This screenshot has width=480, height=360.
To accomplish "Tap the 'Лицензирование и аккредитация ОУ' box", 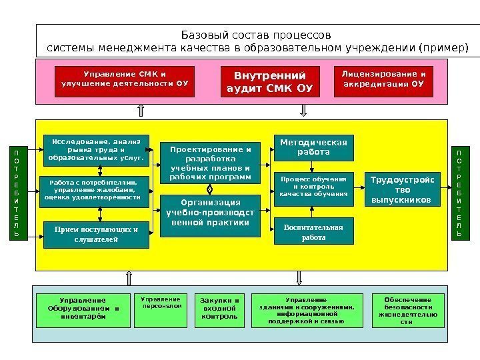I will (x=383, y=81).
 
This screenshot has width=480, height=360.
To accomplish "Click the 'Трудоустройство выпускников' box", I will (x=402, y=190).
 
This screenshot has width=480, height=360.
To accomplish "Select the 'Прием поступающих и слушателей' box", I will (x=97, y=234).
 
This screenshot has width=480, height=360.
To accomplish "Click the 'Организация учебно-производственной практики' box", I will (x=211, y=215).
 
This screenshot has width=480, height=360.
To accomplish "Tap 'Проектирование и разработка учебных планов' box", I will (x=211, y=164).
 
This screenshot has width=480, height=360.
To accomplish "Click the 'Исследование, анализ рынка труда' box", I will (x=97, y=150).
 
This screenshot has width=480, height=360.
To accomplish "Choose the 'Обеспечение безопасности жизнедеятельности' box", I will (x=407, y=310).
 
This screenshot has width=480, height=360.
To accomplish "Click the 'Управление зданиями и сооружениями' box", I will (x=306, y=310).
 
